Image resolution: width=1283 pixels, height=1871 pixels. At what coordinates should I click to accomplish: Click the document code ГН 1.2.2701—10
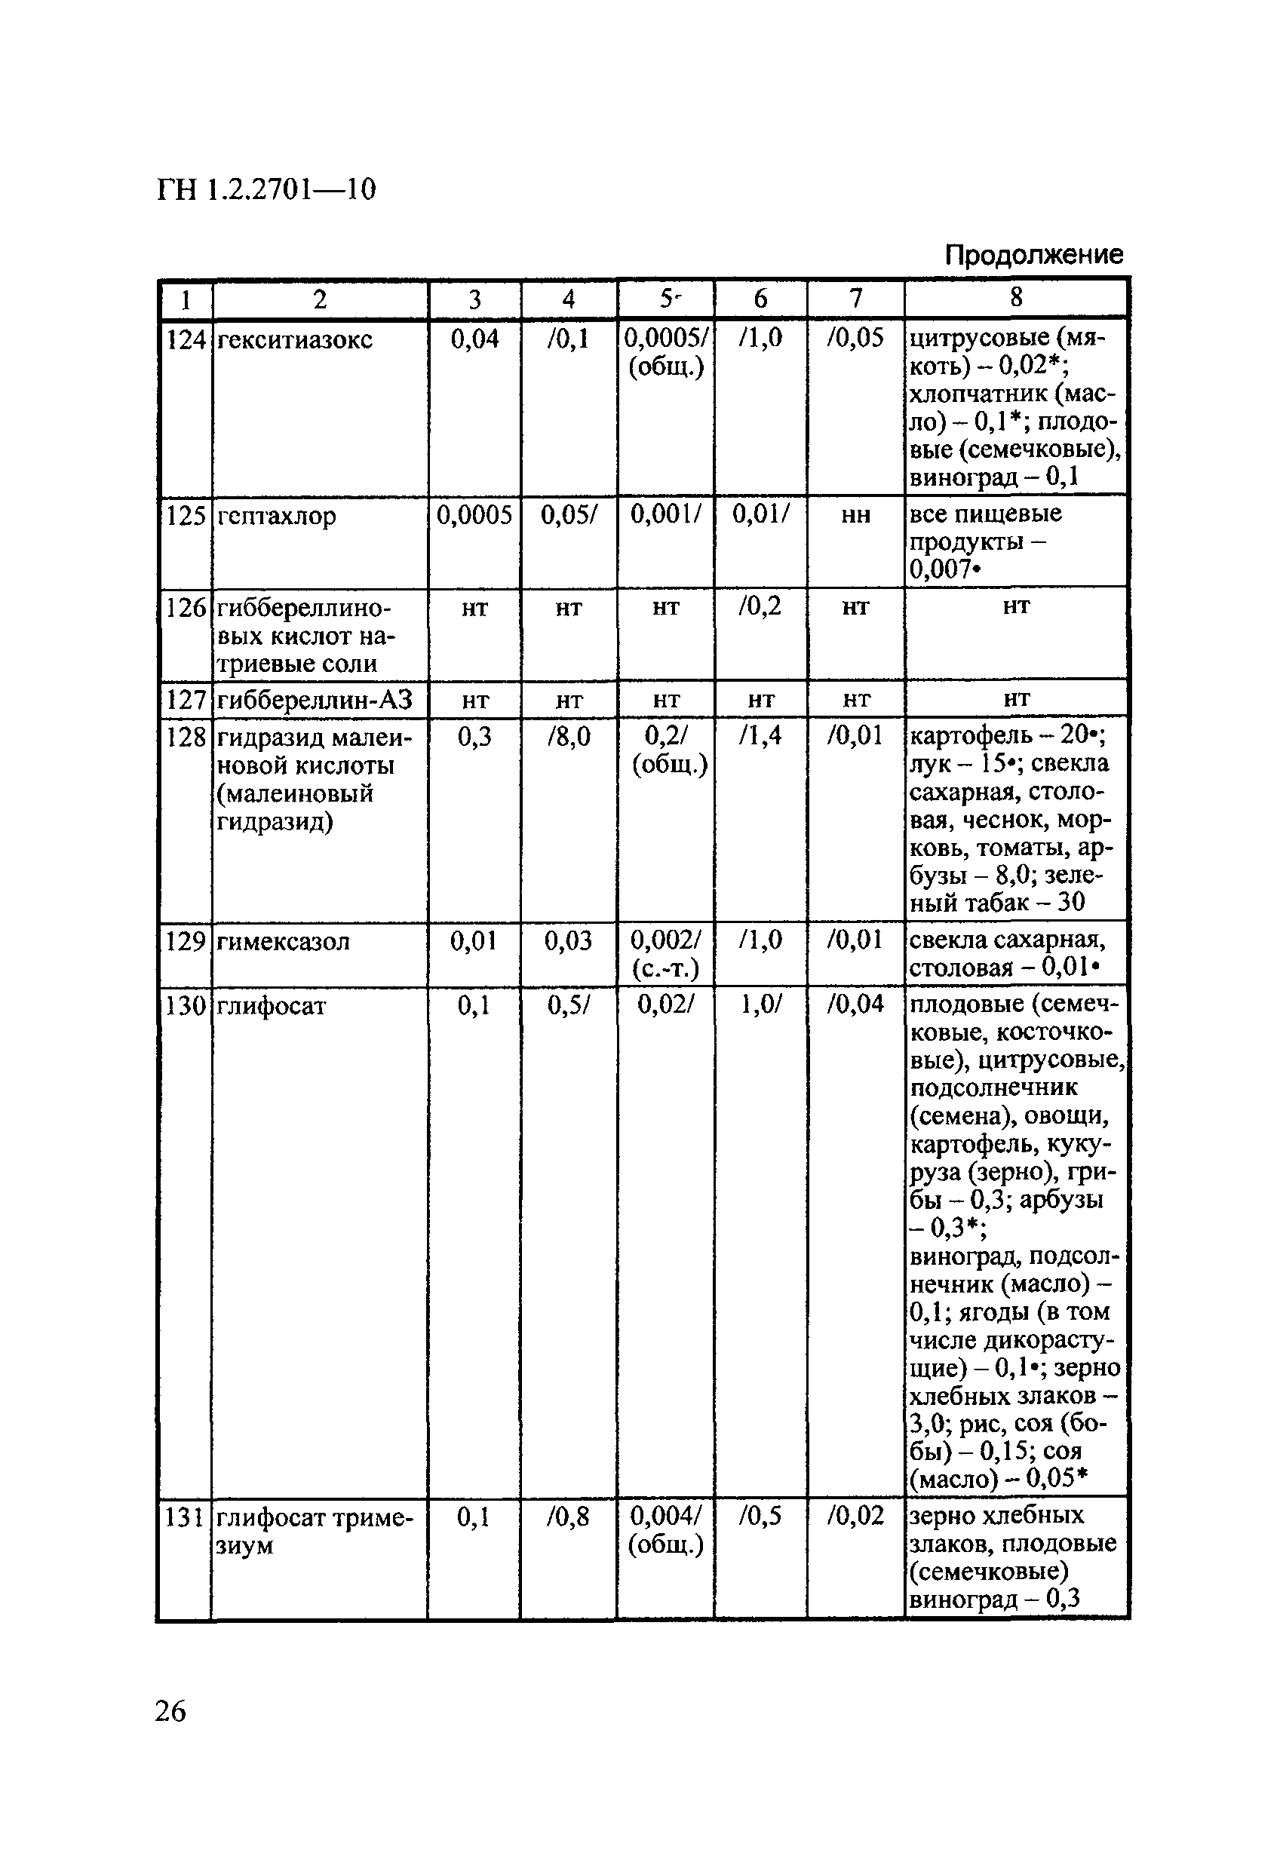[x=266, y=190]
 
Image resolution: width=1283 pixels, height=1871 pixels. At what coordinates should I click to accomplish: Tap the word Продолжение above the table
[x=1033, y=255]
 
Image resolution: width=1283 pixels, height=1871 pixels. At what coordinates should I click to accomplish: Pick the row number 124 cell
[x=186, y=341]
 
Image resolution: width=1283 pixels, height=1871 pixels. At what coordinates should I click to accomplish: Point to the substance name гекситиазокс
[x=295, y=341]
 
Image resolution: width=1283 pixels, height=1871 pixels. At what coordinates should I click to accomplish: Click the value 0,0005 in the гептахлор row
[x=474, y=515]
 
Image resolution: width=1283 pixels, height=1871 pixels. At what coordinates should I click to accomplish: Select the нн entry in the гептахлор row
[x=855, y=515]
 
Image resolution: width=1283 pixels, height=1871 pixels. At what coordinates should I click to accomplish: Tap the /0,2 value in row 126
[x=760, y=606]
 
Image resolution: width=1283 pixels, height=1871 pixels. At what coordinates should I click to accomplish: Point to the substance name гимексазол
[x=284, y=941]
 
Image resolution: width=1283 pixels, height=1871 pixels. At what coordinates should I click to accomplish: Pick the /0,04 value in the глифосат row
[x=855, y=1005]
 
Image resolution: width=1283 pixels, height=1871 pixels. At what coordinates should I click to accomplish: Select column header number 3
[x=474, y=299]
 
